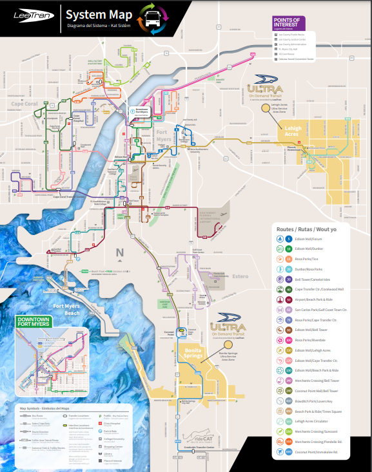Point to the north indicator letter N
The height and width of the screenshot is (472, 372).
119,252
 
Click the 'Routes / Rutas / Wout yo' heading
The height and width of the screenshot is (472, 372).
302,229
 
